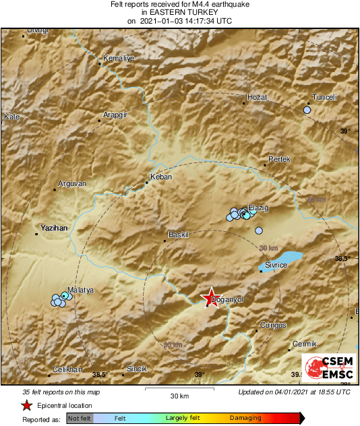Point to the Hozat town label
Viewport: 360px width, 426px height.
[258, 97]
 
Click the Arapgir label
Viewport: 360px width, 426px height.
[115, 115]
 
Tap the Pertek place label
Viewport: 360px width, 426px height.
[278, 159]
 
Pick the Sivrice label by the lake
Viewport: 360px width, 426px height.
[276, 266]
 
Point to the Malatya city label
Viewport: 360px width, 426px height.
[80, 290]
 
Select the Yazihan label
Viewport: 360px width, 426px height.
[55, 229]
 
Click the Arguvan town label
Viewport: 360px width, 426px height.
[73, 183]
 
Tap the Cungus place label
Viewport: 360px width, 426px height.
[273, 325]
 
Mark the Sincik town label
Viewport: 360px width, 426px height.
[137, 369]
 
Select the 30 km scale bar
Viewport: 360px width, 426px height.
[179, 389]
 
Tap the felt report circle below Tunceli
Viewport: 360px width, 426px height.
[307, 109]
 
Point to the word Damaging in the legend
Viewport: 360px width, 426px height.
[245, 418]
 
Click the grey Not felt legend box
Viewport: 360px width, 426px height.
[80, 419]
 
